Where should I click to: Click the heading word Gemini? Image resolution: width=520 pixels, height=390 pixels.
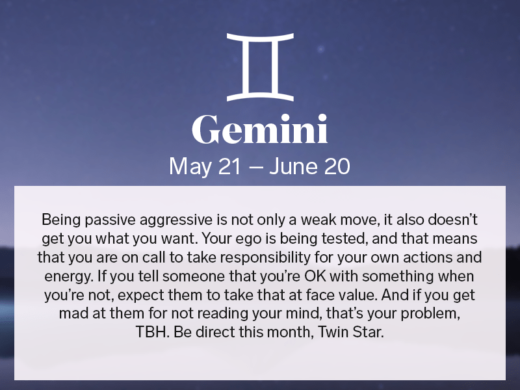tap(259, 131)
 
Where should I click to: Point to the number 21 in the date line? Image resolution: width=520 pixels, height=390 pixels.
tap(228, 166)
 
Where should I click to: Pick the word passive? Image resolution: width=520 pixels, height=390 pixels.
tap(107, 219)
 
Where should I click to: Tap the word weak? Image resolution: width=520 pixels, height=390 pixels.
tap(307, 219)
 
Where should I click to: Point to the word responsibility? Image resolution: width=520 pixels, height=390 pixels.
tap(253, 257)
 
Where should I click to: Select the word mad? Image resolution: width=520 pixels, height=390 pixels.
tap(73, 313)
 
